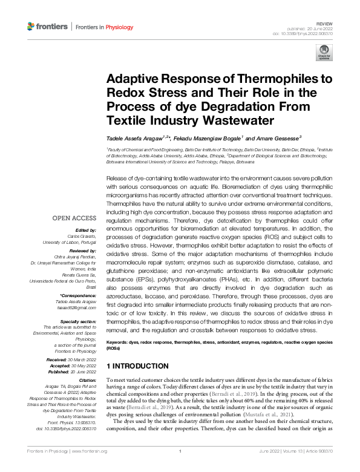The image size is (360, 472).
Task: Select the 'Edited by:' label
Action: [x=87, y=230]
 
